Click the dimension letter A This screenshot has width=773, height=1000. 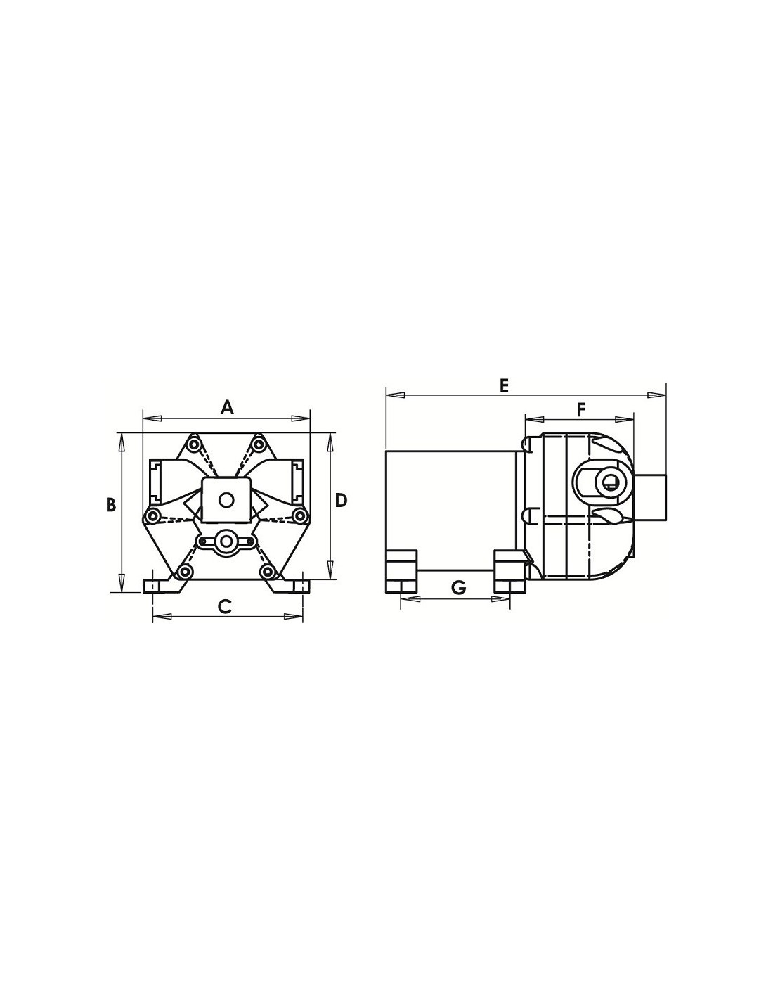coord(226,408)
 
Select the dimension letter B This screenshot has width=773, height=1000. coord(110,504)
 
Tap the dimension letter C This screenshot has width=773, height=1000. coord(224,606)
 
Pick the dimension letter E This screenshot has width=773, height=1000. coord(505,385)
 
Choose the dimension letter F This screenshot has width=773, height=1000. coord(580,409)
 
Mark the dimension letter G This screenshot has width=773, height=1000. coord(458,587)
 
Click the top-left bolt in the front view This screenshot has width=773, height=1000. coord(193,444)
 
